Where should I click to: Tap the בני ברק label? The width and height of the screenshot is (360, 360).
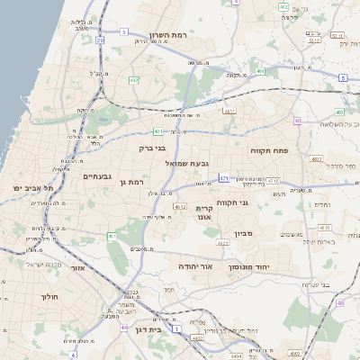click(152, 148)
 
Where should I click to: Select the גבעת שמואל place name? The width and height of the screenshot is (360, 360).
click(188, 164)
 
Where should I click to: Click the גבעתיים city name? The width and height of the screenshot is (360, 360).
click(96, 176)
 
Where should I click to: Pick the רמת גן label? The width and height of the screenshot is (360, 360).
click(131, 183)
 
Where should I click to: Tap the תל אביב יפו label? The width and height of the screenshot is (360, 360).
click(34, 187)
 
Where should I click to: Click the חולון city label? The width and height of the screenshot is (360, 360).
click(49, 296)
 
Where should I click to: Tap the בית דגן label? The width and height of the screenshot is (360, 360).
click(147, 331)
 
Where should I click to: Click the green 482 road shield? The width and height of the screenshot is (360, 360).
click(134, 80)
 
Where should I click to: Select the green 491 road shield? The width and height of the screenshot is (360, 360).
click(259, 69)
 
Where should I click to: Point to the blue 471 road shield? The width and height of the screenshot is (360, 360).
click(223, 178)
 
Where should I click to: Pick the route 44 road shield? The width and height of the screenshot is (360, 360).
click(123, 328)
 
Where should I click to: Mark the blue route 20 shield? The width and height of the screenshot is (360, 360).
click(99, 40)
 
